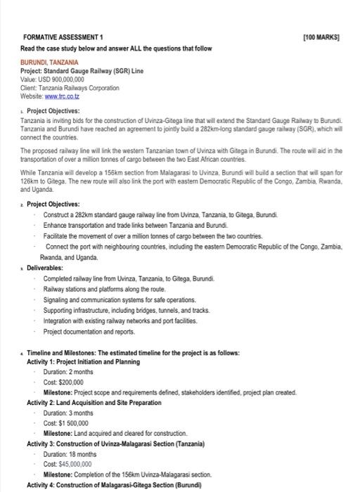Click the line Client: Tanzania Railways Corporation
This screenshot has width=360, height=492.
point(70,89)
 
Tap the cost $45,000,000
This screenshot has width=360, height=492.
point(73,464)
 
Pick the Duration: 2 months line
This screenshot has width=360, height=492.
point(73,372)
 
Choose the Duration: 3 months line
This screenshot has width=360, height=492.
point(73,413)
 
